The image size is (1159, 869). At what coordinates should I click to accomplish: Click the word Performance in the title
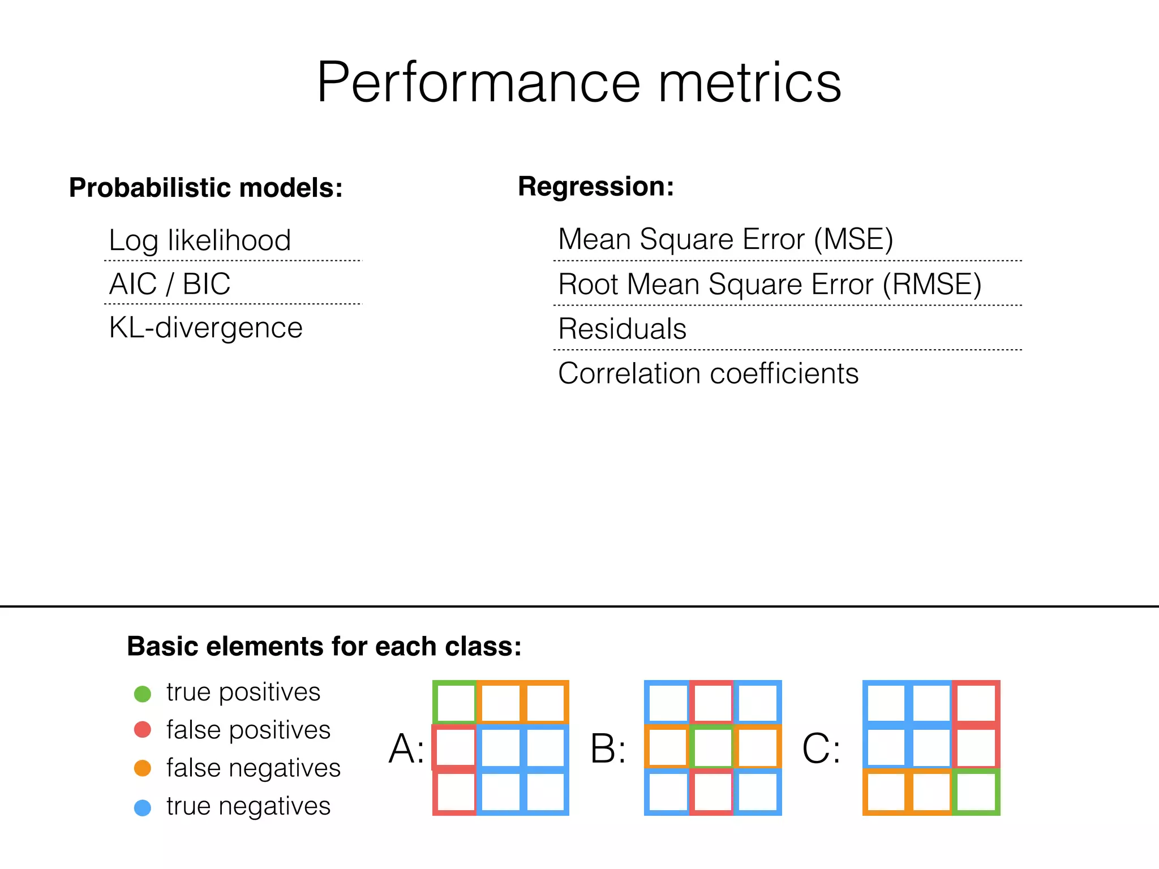(478, 83)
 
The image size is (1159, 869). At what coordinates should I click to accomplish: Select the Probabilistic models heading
(206, 188)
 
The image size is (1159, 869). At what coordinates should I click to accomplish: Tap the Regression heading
(596, 187)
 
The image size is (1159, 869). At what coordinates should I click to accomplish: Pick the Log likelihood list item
(200, 240)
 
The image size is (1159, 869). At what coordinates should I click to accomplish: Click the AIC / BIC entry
(170, 284)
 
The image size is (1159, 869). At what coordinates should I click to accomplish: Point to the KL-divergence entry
(206, 328)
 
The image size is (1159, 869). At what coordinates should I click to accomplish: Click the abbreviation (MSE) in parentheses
(853, 239)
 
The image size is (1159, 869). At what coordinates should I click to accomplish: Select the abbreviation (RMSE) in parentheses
(932, 284)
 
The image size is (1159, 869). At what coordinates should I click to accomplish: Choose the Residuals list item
(622, 329)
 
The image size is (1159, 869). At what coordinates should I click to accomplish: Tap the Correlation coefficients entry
(708, 373)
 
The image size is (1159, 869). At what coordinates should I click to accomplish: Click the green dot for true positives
(143, 694)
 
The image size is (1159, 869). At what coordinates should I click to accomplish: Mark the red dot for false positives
(143, 730)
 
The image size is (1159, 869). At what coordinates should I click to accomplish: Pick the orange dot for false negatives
(143, 768)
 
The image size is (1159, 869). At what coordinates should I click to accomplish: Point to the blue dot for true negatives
(143, 807)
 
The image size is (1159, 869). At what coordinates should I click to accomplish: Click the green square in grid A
(455, 702)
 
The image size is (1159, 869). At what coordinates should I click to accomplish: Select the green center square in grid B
(712, 747)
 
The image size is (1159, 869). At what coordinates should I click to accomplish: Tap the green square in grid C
(976, 792)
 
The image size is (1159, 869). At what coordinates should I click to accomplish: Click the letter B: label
(608, 748)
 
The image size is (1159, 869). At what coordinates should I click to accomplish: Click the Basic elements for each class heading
(324, 647)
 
